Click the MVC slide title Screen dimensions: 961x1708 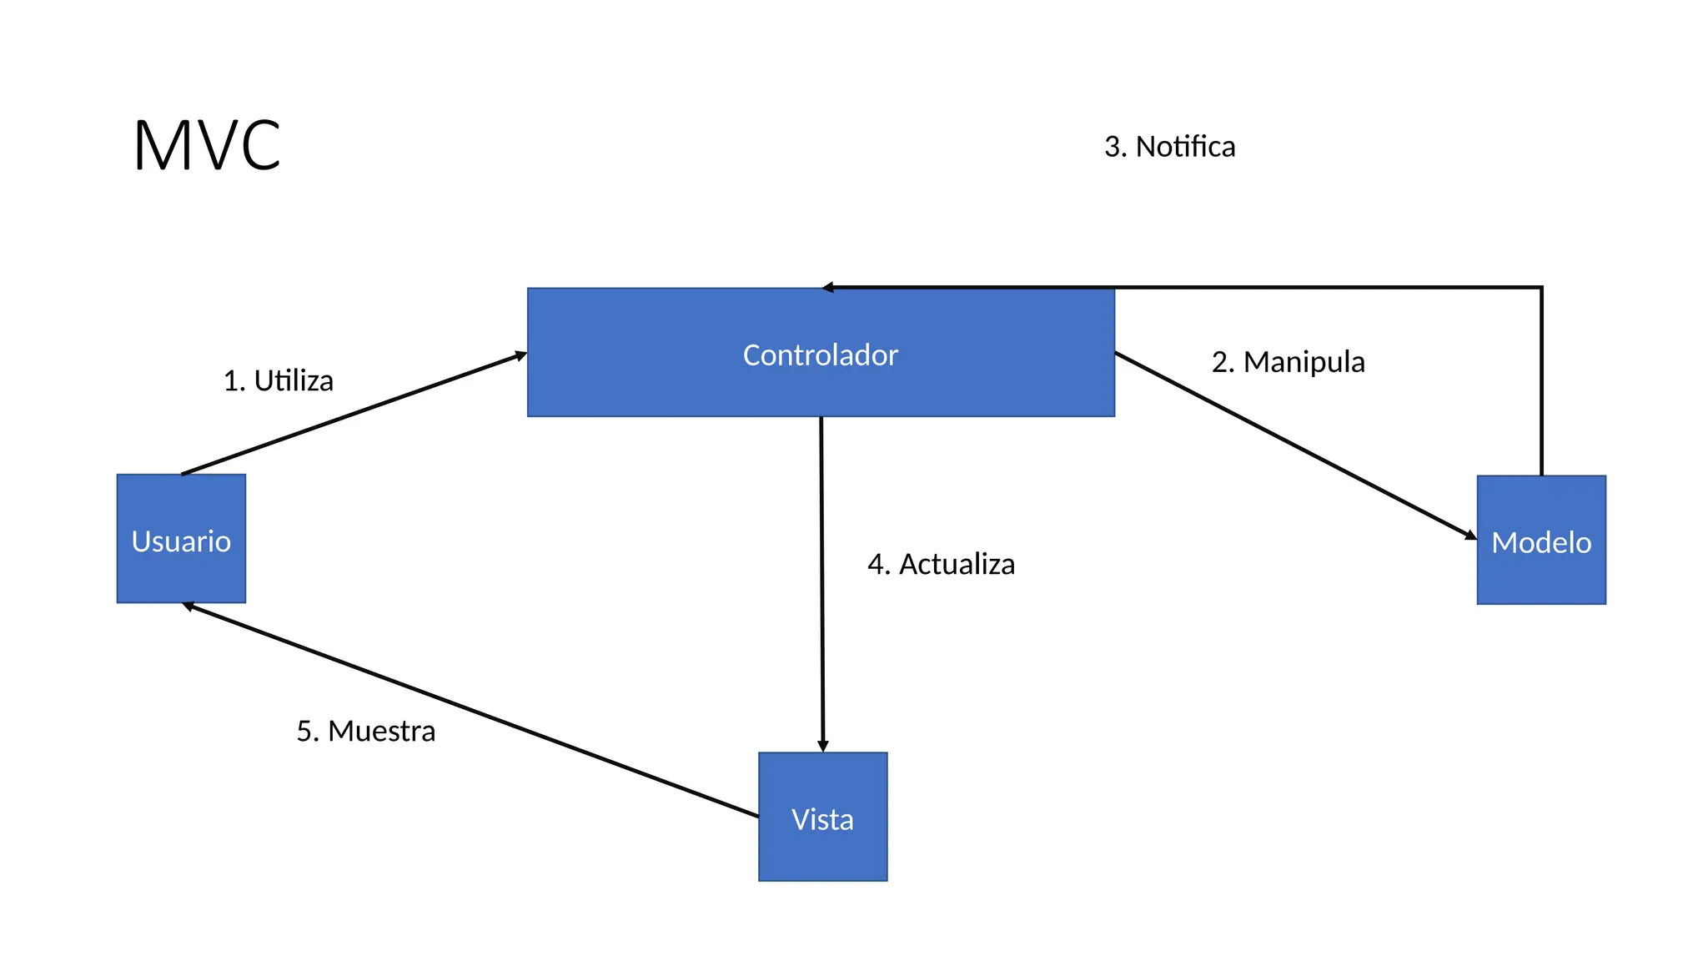(x=207, y=146)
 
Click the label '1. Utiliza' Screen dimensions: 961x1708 (x=279, y=381)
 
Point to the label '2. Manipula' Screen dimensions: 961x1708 (x=1288, y=362)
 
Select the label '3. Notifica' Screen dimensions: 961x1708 (x=1169, y=147)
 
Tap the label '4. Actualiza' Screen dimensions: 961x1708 (x=941, y=565)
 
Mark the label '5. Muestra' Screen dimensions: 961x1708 (x=366, y=732)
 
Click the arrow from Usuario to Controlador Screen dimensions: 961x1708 (x=354, y=415)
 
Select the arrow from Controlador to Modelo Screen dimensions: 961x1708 (x=1295, y=445)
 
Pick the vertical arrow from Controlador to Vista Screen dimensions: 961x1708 (x=821, y=584)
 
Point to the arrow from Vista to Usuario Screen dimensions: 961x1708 (x=471, y=710)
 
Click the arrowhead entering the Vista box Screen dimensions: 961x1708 (x=822, y=746)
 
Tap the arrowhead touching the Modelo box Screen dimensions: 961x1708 (x=1470, y=535)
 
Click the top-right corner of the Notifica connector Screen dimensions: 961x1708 (x=1541, y=288)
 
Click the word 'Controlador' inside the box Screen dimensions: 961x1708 (x=821, y=355)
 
